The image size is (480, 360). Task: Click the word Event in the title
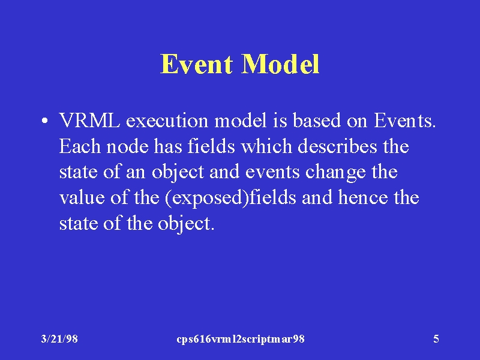[x=196, y=64]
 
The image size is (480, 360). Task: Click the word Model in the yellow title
[x=280, y=64]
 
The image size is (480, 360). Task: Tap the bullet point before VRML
[x=44, y=121]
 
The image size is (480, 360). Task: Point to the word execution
[x=167, y=121]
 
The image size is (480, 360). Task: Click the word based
[x=317, y=120]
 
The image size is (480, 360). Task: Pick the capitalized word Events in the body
[x=403, y=121]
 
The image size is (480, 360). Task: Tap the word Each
[x=80, y=146]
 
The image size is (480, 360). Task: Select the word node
[x=127, y=146]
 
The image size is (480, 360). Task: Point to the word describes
[x=338, y=146]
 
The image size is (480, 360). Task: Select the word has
[x=168, y=146]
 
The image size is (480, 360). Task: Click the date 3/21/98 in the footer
[x=59, y=339]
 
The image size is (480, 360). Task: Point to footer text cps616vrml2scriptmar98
[x=241, y=339]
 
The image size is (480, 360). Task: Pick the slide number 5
[x=436, y=339]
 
